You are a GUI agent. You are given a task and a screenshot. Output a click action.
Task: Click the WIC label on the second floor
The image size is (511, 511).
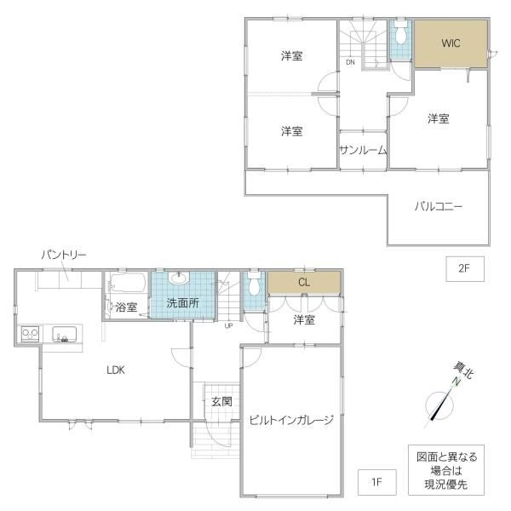pyautogui.click(x=451, y=43)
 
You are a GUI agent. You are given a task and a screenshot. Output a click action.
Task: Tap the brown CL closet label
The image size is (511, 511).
pyautogui.click(x=304, y=282)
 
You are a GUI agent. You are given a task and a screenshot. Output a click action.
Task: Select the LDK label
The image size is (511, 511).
pyautogui.click(x=116, y=370)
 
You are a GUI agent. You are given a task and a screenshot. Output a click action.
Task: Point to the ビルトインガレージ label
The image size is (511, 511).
pyautogui.click(x=291, y=420)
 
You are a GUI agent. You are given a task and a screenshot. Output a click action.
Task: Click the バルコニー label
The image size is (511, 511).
pyautogui.click(x=439, y=206)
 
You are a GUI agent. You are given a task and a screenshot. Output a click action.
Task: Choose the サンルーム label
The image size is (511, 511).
pyautogui.click(x=363, y=150)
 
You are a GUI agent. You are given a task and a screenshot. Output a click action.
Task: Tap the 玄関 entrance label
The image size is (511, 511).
pyautogui.click(x=221, y=401)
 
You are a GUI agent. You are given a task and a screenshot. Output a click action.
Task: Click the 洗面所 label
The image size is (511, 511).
pyautogui.click(x=182, y=303)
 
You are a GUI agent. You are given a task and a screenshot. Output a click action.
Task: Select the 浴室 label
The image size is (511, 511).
pyautogui.click(x=126, y=307)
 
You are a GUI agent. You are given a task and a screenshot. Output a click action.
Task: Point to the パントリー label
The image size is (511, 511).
pyautogui.click(x=64, y=255)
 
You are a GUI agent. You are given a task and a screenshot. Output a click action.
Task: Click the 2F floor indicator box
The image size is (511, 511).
pyautogui.click(x=465, y=269)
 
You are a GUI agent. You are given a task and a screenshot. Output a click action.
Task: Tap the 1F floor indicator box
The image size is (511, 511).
pyautogui.click(x=377, y=482)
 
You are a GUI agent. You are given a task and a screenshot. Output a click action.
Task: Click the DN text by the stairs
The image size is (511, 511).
pyautogui.click(x=350, y=62)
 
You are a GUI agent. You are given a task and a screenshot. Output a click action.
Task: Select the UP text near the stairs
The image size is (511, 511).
pyautogui.click(x=228, y=325)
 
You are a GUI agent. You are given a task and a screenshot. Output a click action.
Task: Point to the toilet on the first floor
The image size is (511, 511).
pyautogui.click(x=254, y=284)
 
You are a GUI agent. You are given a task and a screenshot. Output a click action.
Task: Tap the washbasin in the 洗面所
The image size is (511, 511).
pyautogui.click(x=179, y=278)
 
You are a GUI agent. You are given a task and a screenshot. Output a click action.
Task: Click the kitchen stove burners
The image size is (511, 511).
pyautogui.click(x=30, y=334)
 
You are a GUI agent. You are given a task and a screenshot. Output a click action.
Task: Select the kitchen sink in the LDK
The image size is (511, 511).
pyautogui.click(x=65, y=334)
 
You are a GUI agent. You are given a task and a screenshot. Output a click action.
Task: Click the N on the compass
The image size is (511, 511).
pyautogui.click(x=456, y=382)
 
